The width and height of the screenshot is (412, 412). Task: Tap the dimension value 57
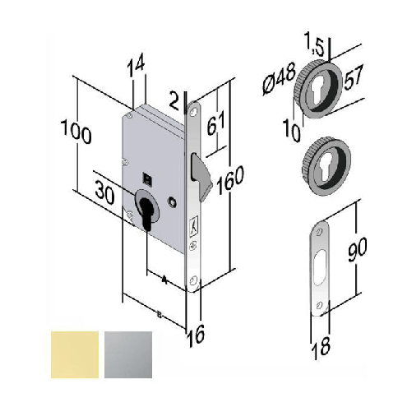pyautogui.click(x=351, y=80)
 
